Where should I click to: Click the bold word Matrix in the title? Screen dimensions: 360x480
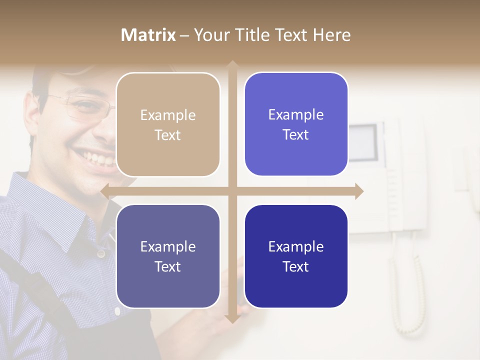click(x=148, y=35)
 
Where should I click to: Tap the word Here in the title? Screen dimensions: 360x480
click(x=331, y=35)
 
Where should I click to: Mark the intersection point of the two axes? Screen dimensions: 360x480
click(x=232, y=191)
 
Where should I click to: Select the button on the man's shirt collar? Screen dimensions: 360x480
click(x=101, y=254)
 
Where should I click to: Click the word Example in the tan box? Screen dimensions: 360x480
click(x=168, y=115)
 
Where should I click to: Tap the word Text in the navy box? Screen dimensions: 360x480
click(x=296, y=266)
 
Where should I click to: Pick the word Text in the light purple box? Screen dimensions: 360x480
click(x=296, y=134)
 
